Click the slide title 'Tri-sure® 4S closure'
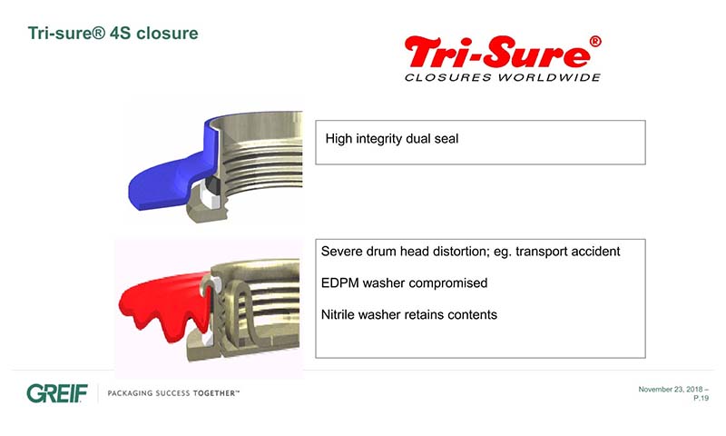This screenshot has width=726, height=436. pyautogui.click(x=113, y=34)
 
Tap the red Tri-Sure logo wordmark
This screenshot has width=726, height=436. pyautogui.click(x=497, y=53)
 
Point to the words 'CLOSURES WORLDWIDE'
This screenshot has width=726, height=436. pyautogui.click(x=503, y=77)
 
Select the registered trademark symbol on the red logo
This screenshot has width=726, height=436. pyautogui.click(x=595, y=42)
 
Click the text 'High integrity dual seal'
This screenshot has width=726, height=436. pyautogui.click(x=392, y=139)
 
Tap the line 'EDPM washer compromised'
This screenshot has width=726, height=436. pyautogui.click(x=404, y=283)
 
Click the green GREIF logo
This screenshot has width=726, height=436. pyautogui.click(x=57, y=394)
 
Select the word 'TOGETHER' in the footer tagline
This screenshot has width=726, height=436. pyautogui.click(x=215, y=393)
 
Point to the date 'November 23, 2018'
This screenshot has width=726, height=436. pyautogui.click(x=670, y=390)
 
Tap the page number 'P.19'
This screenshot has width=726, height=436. pyautogui.click(x=701, y=398)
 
